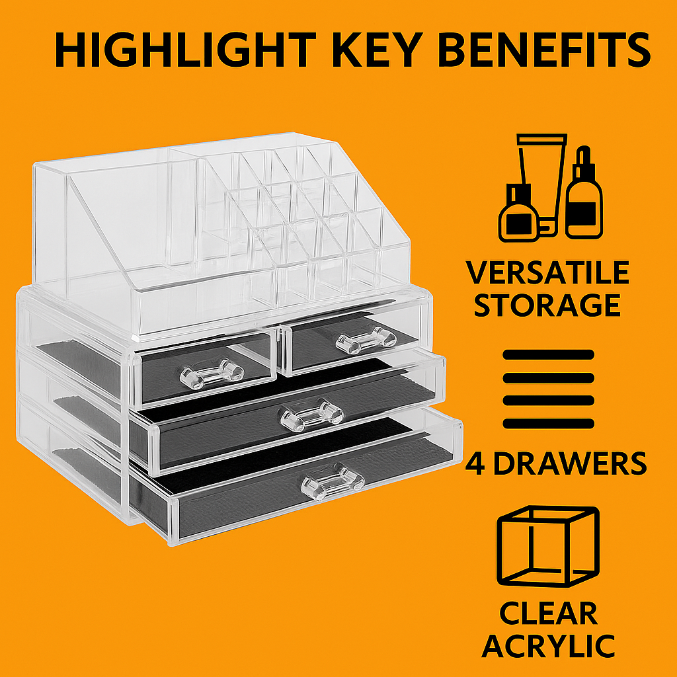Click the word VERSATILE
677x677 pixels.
(547, 272)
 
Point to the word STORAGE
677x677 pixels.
(547, 305)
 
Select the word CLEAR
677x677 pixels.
(548, 613)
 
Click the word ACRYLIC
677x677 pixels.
(548, 646)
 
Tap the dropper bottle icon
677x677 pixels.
(584, 193)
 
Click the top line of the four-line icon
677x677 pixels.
(548, 354)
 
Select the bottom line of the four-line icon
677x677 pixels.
(548, 424)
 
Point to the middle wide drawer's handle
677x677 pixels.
(312, 415)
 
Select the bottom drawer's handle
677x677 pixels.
(333, 481)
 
